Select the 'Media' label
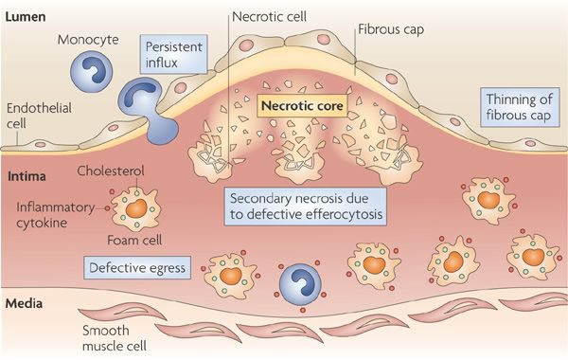tap(24, 305)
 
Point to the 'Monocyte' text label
tap(87, 42)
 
